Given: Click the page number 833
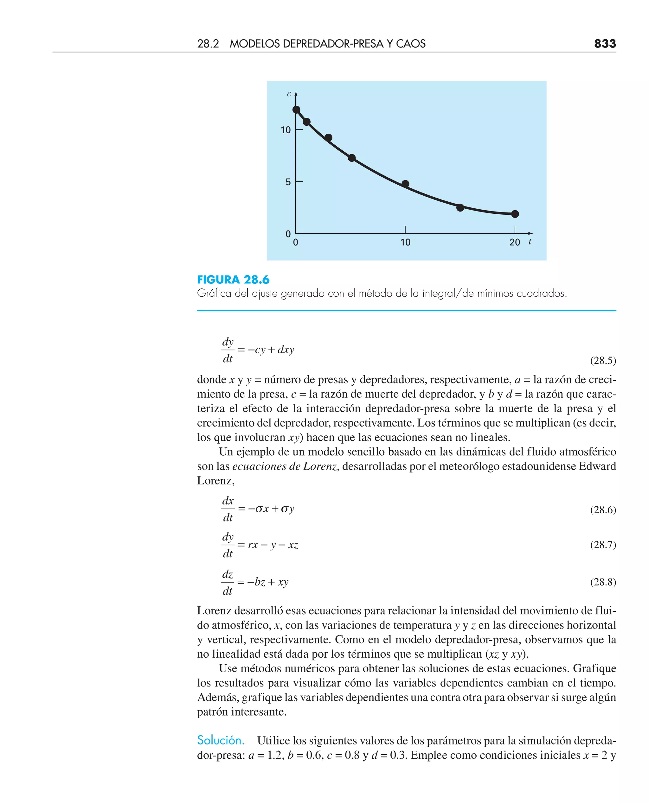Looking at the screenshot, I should tap(605, 44).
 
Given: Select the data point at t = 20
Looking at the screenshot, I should tap(515, 214).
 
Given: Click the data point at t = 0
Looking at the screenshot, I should tap(296, 110).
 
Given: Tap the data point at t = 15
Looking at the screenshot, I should tap(460, 208).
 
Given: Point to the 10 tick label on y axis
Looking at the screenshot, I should tap(286, 130).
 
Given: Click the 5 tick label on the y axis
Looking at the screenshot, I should tap(288, 182).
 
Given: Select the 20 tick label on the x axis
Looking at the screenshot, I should tap(515, 243).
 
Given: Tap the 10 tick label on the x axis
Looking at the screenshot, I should tap(405, 243).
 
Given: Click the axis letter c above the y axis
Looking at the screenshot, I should tap(289, 94).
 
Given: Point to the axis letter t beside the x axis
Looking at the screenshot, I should tap(530, 242).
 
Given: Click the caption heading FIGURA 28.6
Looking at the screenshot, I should tap(233, 280).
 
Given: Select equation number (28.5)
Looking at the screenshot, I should tap(603, 360).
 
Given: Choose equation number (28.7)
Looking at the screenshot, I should tap(603, 545).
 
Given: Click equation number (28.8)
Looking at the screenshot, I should tap(603, 582).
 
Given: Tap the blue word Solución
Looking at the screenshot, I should tap(221, 740).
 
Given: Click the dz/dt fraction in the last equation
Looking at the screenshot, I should tap(227, 582).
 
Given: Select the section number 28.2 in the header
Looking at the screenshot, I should tap(208, 44).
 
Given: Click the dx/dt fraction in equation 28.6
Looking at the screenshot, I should tap(228, 509).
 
